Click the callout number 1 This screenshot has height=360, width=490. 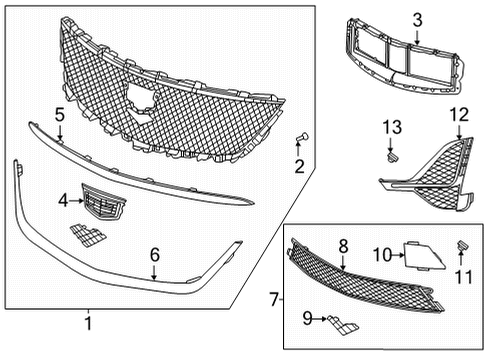88,324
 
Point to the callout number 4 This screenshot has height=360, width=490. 63,200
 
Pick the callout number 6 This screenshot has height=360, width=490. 154,255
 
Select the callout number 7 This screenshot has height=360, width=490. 274,298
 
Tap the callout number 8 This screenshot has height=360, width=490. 342,244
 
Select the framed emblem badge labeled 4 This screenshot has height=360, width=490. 98,201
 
